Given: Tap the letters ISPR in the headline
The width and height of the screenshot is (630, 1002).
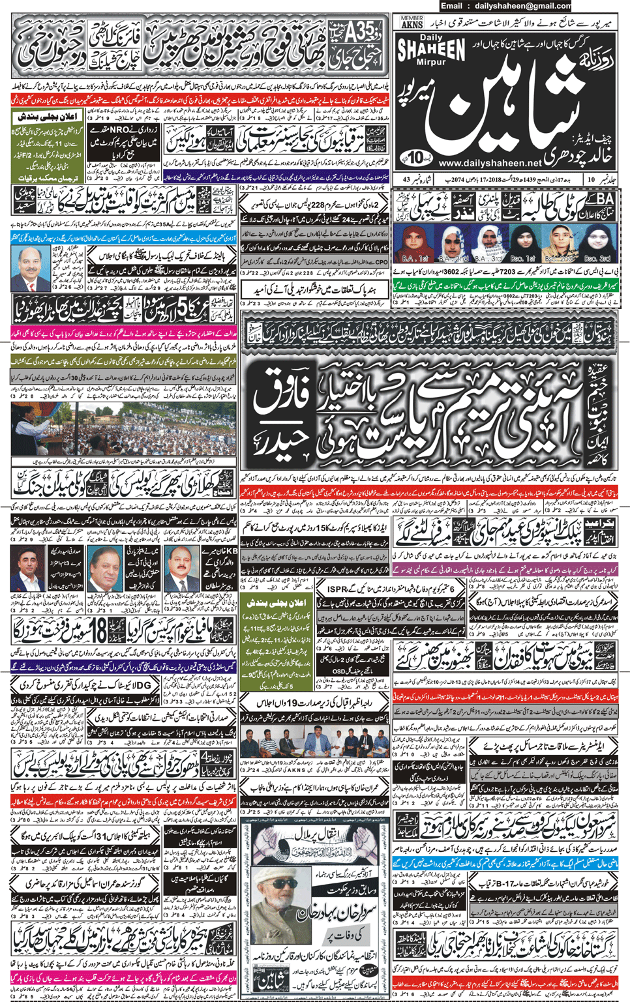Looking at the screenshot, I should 338,589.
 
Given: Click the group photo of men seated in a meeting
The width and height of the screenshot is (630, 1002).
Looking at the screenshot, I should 314,742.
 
